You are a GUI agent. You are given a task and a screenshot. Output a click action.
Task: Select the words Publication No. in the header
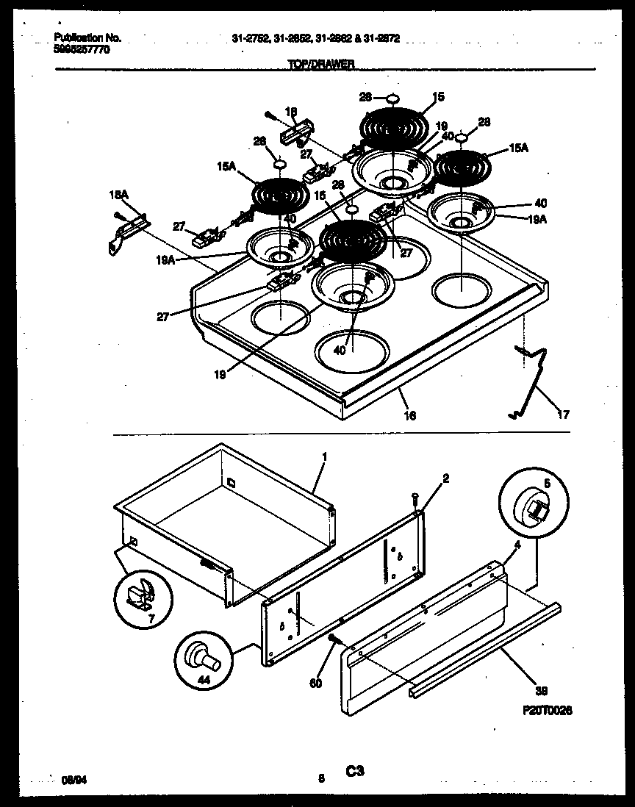(x=87, y=37)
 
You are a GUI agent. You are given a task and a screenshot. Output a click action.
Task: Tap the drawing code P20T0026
(x=547, y=711)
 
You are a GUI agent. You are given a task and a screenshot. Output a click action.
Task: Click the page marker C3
(x=355, y=771)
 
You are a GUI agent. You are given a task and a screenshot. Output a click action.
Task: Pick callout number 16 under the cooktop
(x=409, y=416)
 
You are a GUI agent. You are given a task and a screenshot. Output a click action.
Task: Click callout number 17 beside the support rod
(x=563, y=415)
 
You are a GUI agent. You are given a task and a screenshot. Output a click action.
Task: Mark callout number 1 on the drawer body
(x=323, y=456)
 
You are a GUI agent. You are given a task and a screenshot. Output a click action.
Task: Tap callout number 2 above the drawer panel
(x=445, y=478)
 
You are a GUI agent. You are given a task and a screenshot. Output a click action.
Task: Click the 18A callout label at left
(x=118, y=196)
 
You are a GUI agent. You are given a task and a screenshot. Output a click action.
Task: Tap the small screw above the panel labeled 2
(x=415, y=500)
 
